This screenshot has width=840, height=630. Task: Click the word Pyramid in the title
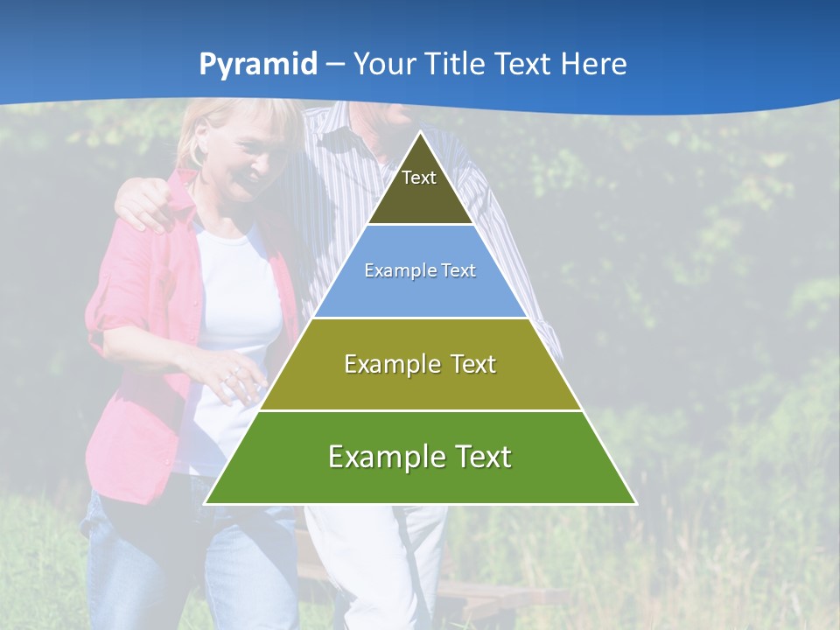tap(257, 65)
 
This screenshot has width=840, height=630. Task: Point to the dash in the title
tap(335, 65)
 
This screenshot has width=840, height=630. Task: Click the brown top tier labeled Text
tap(420, 188)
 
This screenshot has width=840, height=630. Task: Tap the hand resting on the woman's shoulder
tap(144, 206)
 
